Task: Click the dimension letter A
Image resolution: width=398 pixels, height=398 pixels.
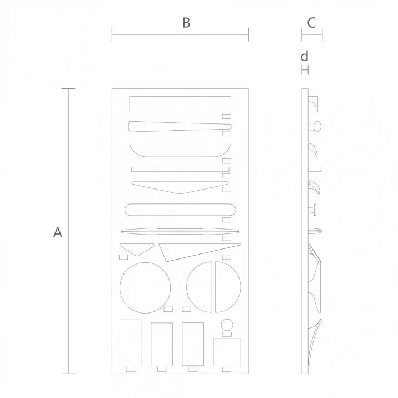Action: pyautogui.click(x=57, y=232)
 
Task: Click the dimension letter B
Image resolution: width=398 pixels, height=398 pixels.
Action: pyautogui.click(x=186, y=23)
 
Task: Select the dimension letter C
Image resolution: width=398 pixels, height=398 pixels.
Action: pyautogui.click(x=311, y=23)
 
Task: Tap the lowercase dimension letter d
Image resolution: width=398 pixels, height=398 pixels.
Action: pyautogui.click(x=304, y=56)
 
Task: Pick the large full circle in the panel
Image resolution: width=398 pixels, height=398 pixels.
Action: pyautogui.click(x=145, y=287)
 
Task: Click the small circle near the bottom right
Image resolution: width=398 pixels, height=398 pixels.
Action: pyautogui.click(x=227, y=325)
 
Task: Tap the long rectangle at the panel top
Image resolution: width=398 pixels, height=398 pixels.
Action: pyautogui.click(x=180, y=104)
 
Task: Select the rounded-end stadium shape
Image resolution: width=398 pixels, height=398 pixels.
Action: pyautogui.click(x=180, y=210)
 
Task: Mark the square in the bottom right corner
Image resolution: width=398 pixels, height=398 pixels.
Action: pyautogui.click(x=227, y=352)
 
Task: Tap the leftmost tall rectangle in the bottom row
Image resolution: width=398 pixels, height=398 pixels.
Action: pyautogui.click(x=131, y=342)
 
